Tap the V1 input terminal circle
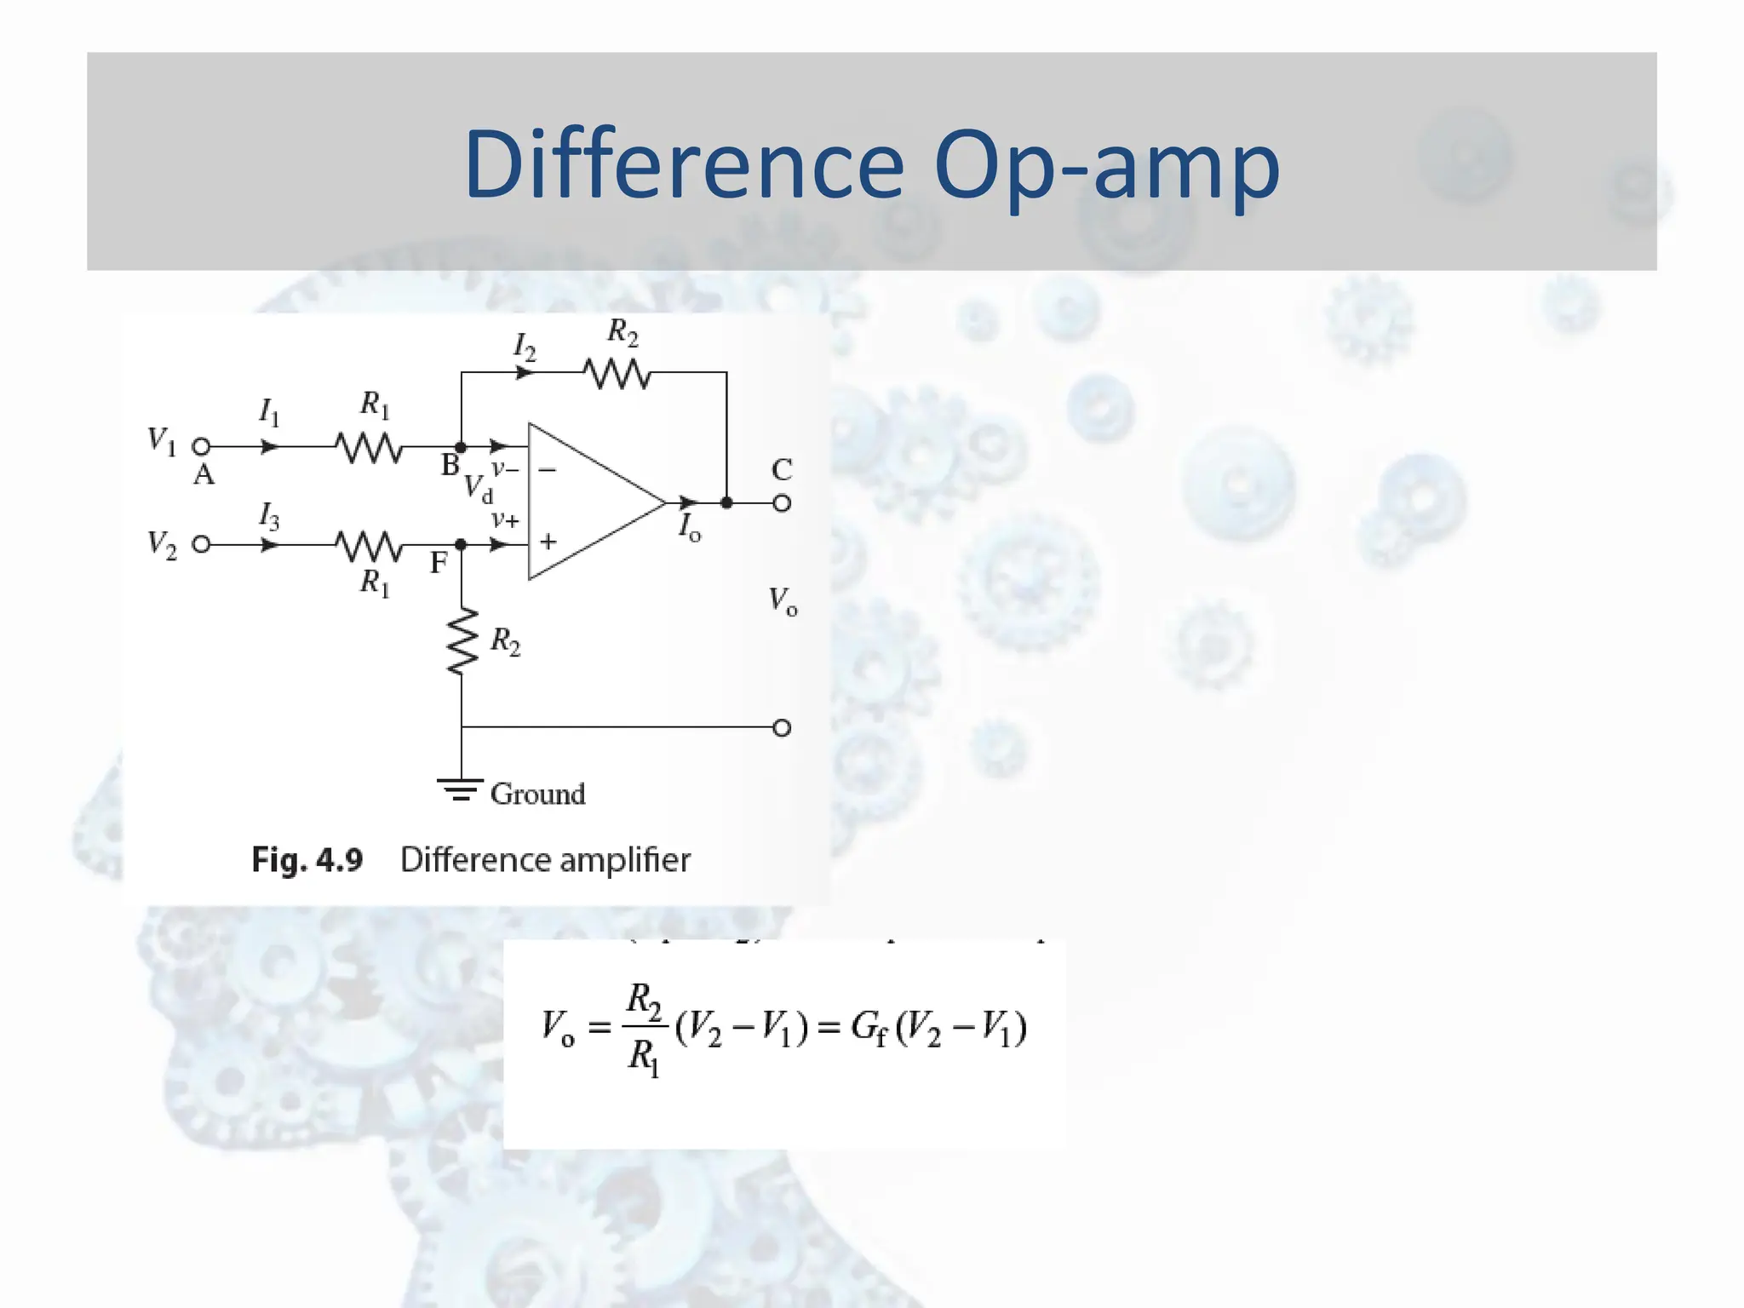[201, 446]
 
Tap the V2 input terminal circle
[201, 544]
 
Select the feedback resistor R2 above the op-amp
[617, 373]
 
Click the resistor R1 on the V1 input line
[369, 446]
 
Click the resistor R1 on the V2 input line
[369, 545]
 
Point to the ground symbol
[461, 790]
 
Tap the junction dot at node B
[461, 446]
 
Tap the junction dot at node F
[461, 544]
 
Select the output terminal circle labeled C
[782, 503]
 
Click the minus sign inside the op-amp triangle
[548, 469]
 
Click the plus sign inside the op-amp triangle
[548, 541]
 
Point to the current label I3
[268, 516]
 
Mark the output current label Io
[689, 528]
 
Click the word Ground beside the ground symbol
[537, 794]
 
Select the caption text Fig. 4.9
[307, 860]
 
